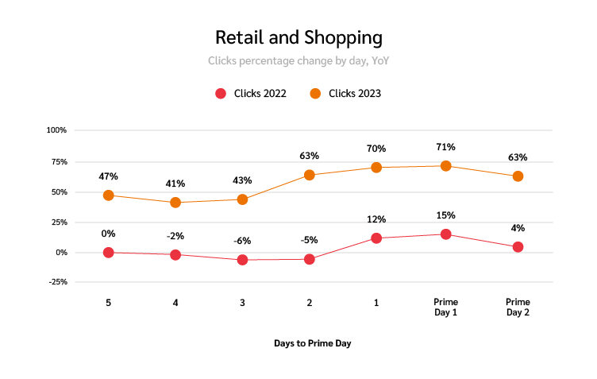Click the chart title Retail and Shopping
[298, 37]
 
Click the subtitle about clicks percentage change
[298, 60]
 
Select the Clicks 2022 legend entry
[251, 94]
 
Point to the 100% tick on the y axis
[56, 130]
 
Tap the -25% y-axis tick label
[56, 282]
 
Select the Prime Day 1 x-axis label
[445, 307]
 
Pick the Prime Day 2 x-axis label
[518, 307]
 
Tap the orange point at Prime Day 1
[445, 166]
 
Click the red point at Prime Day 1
[445, 234]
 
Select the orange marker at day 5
[109, 195]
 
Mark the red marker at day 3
[242, 260]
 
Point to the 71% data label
[445, 147]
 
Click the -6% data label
[242, 241]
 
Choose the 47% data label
[109, 176]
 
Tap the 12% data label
[376, 219]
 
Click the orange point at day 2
[309, 175]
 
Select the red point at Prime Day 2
[518, 247]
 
